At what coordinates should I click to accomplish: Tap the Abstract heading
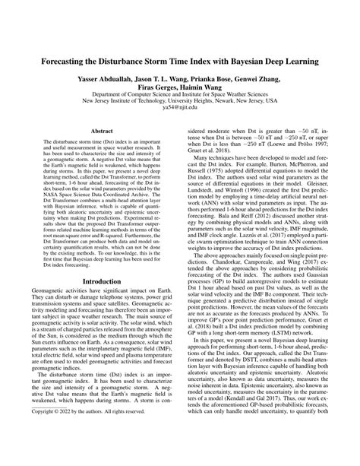(x=96, y=132)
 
